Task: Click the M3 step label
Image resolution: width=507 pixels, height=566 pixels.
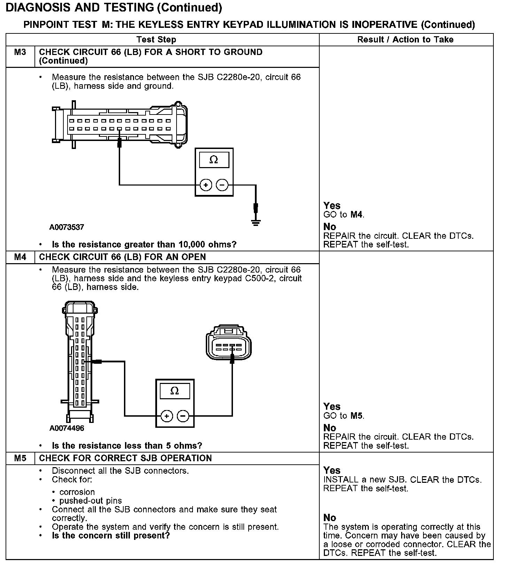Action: coord(20,52)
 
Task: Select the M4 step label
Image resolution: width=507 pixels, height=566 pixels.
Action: coord(20,257)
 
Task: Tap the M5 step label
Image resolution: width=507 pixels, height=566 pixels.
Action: coord(20,458)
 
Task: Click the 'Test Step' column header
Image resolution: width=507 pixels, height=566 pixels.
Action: coord(156,40)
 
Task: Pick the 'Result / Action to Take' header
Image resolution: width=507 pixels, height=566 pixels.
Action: coord(405,40)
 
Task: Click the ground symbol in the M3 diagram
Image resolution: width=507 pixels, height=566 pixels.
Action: coord(256,222)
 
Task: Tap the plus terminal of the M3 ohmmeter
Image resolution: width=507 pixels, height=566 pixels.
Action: coord(206,185)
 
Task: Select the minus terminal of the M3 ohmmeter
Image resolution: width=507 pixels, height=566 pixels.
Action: coord(223,185)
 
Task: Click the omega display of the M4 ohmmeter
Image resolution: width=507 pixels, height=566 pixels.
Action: coord(175,391)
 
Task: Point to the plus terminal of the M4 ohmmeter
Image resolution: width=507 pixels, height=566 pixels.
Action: coord(167,416)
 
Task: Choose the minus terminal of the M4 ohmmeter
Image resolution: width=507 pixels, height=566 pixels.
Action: coord(183,416)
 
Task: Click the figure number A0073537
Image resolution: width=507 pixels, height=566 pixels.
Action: coord(67,227)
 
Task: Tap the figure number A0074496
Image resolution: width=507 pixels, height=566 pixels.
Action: coord(67,428)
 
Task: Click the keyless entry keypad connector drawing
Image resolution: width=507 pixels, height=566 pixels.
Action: coord(229,343)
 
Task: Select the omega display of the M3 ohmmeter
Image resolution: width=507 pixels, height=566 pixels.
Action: coord(214,160)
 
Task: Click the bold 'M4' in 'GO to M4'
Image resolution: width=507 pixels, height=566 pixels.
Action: coord(356,214)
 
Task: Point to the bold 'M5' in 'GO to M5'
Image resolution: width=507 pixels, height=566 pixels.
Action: coord(356,416)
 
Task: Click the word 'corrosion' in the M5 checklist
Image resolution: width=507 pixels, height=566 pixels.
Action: coord(77,492)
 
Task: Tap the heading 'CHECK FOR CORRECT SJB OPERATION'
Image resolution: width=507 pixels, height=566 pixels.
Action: coord(125,458)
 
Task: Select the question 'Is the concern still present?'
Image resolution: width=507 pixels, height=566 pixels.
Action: coord(111,535)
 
